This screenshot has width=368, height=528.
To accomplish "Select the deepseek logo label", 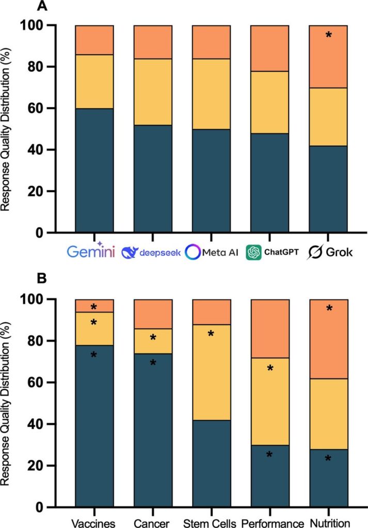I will click(x=150, y=252).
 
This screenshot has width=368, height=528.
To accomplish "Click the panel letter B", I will click(x=40, y=279).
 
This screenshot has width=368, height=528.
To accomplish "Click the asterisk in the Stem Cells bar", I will click(x=211, y=334).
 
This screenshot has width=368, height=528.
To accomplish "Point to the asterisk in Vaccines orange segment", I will click(x=93, y=308).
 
